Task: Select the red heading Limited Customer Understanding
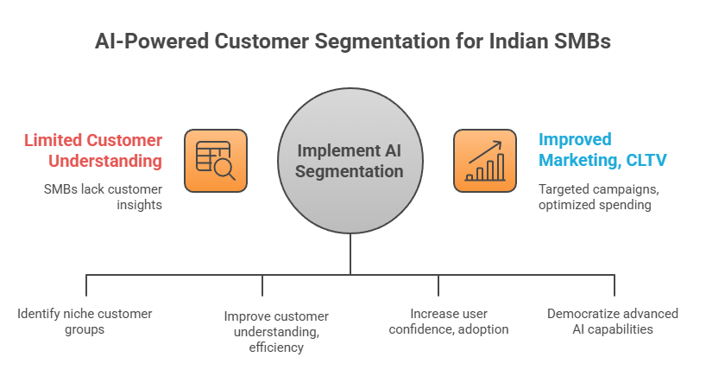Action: tap(93, 150)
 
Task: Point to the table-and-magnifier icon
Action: tap(216, 161)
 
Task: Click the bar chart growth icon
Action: tap(485, 161)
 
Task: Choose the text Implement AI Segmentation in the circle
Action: tap(350, 161)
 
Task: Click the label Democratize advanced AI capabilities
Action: tap(613, 321)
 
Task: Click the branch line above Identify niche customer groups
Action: tap(86, 285)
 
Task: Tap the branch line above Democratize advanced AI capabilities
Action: tap(615, 285)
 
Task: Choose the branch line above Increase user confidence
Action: tap(438, 285)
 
